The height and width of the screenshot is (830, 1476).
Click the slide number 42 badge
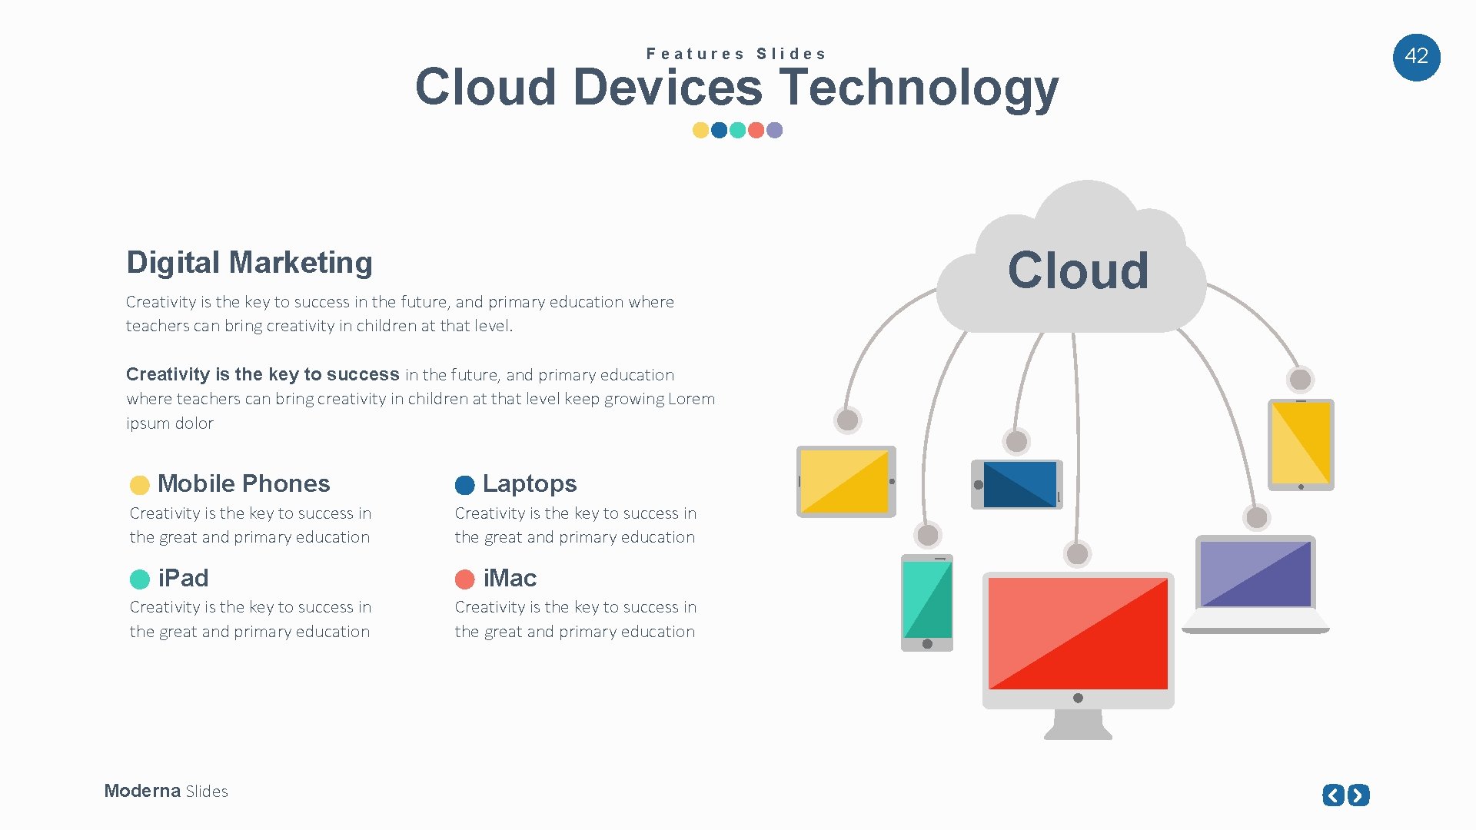pyautogui.click(x=1416, y=57)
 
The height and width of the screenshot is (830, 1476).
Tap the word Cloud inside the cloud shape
pyautogui.click(x=1078, y=271)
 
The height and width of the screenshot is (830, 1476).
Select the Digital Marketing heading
pyautogui.click(x=249, y=263)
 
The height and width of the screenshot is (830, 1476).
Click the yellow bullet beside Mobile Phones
pyautogui.click(x=139, y=485)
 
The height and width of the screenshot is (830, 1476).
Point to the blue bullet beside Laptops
pyautogui.click(x=465, y=485)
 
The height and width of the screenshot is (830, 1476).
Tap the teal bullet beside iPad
pyautogui.click(x=140, y=579)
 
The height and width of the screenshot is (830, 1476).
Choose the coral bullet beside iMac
pyautogui.click(x=465, y=579)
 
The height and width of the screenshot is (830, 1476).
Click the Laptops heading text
pyautogui.click(x=529, y=483)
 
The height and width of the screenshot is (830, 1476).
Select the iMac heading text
pyautogui.click(x=510, y=578)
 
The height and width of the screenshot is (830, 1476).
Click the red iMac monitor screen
pyautogui.click(x=1078, y=633)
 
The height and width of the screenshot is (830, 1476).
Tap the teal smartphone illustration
pyautogui.click(x=927, y=602)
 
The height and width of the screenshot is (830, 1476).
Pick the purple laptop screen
pyautogui.click(x=1255, y=573)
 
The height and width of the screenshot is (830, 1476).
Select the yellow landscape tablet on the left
pyautogui.click(x=845, y=481)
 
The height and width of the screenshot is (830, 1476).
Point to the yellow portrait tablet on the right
pyautogui.click(x=1301, y=443)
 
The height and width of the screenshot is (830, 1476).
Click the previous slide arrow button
pyautogui.click(x=1333, y=795)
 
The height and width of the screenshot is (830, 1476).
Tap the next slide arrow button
pyautogui.click(x=1358, y=795)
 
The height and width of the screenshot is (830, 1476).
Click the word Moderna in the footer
pyautogui.click(x=142, y=791)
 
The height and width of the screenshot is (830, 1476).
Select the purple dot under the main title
pyautogui.click(x=775, y=130)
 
